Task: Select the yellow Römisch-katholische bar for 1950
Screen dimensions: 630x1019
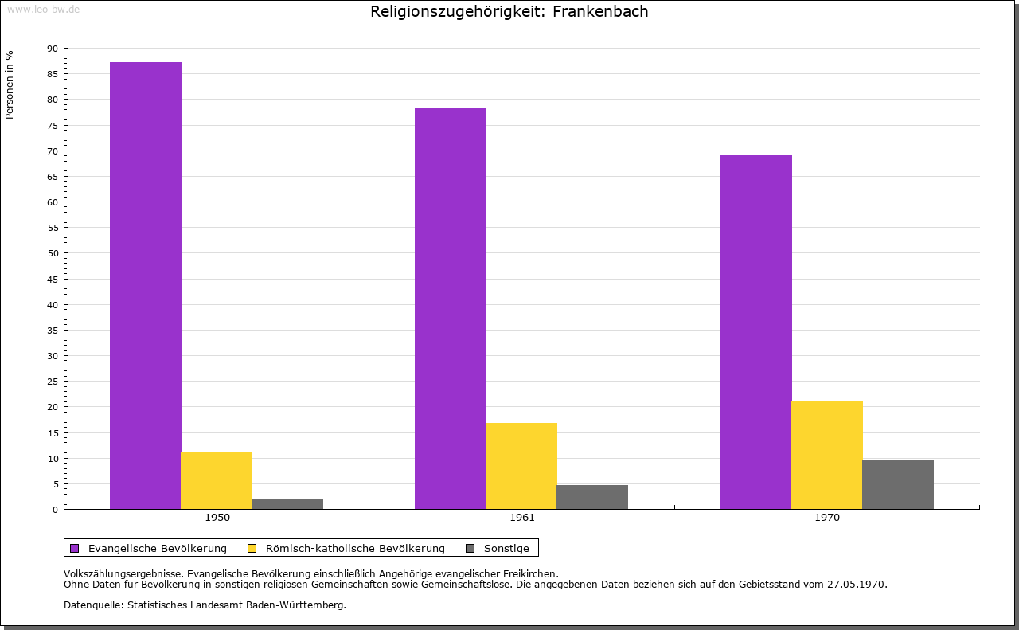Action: [217, 480]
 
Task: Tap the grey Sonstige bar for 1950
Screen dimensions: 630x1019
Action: [287, 504]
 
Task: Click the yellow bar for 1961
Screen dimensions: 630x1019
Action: [521, 466]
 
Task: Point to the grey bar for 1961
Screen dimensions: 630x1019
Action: [592, 497]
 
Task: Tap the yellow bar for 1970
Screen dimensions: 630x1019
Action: [827, 455]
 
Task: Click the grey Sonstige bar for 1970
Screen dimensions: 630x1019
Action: [898, 484]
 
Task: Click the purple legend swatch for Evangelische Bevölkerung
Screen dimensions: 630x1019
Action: [75, 548]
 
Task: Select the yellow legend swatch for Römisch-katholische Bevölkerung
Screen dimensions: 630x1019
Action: [252, 548]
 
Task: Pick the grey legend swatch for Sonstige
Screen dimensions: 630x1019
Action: [470, 548]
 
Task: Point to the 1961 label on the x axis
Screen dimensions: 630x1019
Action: [522, 518]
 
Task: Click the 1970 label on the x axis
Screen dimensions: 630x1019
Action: [827, 518]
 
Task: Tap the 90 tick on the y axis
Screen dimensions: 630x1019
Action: [53, 49]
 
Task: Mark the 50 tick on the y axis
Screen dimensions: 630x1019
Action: [53, 253]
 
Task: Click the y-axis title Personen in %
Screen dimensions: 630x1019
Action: [10, 84]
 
